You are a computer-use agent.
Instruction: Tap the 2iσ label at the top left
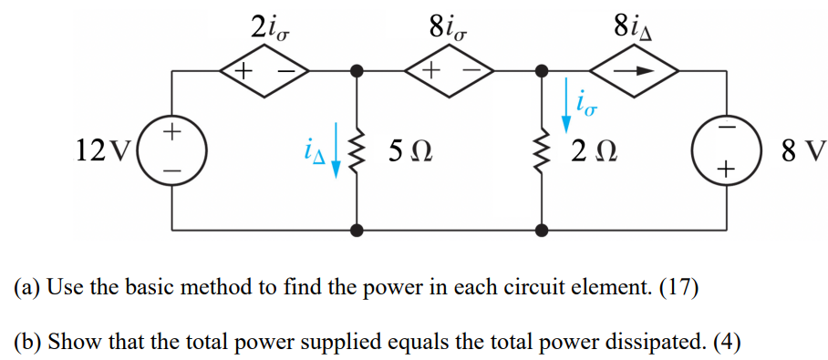pyautogui.click(x=271, y=25)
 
